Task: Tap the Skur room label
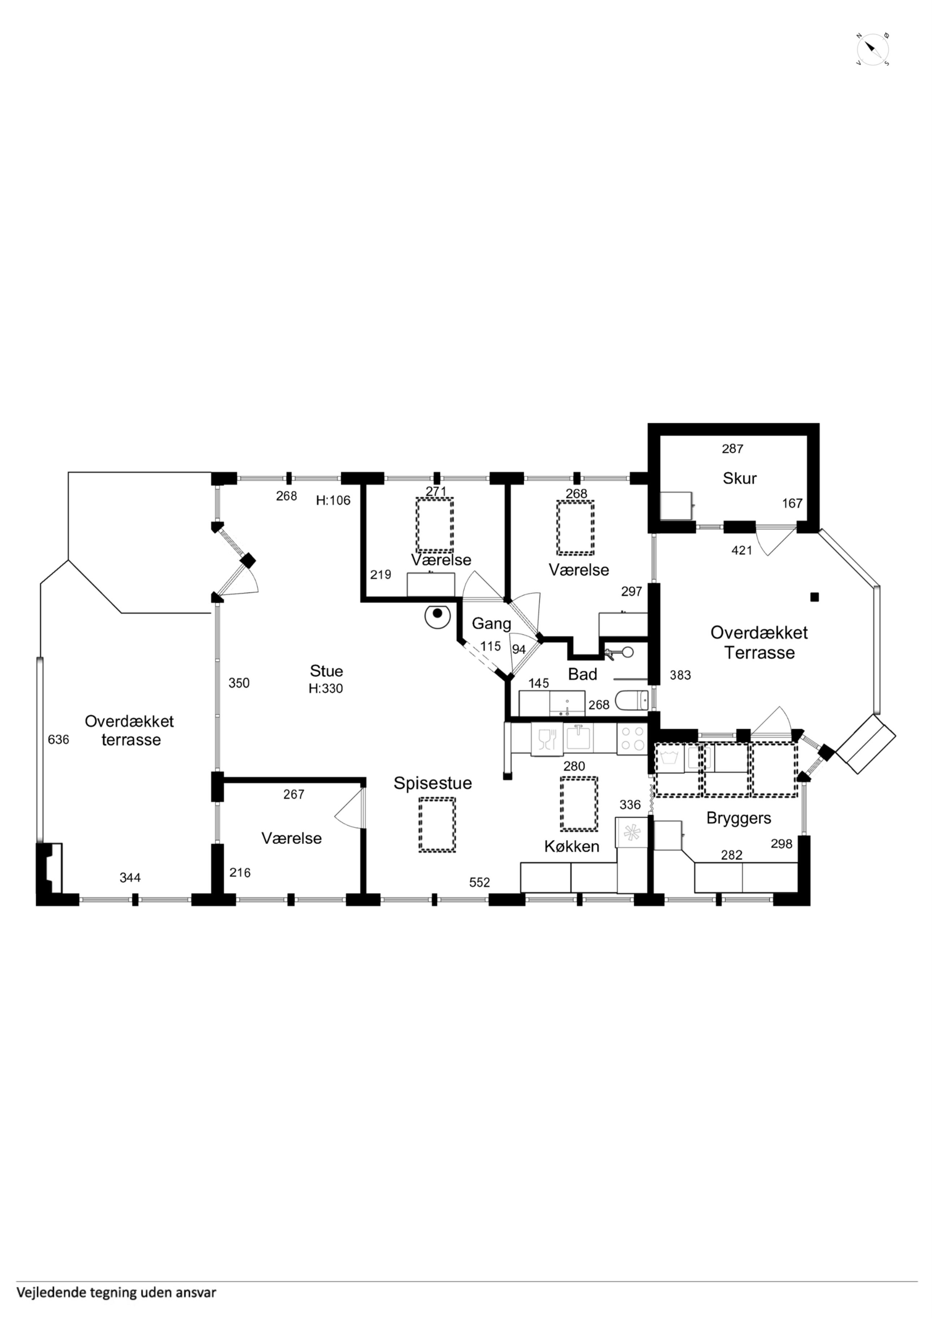pos(740,478)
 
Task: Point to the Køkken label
pos(572,846)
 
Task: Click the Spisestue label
pos(433,783)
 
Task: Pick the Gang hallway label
pos(491,624)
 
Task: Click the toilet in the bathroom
pos(632,700)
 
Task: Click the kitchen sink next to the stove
pos(579,738)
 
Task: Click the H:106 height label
pos(333,500)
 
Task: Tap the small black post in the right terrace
pos(814,597)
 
